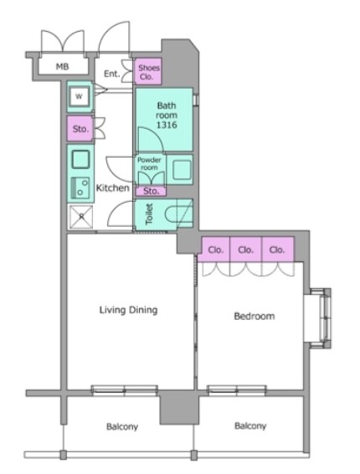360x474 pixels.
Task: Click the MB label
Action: tap(62, 66)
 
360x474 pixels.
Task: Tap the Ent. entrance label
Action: tap(111, 74)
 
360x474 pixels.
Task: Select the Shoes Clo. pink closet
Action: tap(148, 71)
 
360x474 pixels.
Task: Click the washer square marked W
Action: tap(79, 97)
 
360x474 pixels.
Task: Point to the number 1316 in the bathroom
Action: tap(167, 125)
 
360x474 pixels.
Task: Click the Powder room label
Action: tap(149, 163)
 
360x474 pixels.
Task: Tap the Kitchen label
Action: tap(113, 188)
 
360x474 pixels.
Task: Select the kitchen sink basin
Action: tap(80, 159)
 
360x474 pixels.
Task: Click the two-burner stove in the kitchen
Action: tap(80, 188)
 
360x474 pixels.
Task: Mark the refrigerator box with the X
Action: tap(81, 216)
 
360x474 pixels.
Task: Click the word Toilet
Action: tap(149, 214)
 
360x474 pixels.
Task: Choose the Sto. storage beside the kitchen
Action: tap(80, 129)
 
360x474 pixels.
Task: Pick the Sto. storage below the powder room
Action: tap(151, 191)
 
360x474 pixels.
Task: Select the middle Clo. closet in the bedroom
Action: tap(245, 250)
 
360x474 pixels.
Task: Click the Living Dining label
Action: tap(128, 310)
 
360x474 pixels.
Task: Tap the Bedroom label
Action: tap(255, 317)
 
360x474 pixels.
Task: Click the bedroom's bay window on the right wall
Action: tap(317, 318)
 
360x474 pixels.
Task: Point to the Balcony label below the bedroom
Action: tap(250, 426)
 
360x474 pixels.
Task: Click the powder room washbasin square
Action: tap(182, 170)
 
